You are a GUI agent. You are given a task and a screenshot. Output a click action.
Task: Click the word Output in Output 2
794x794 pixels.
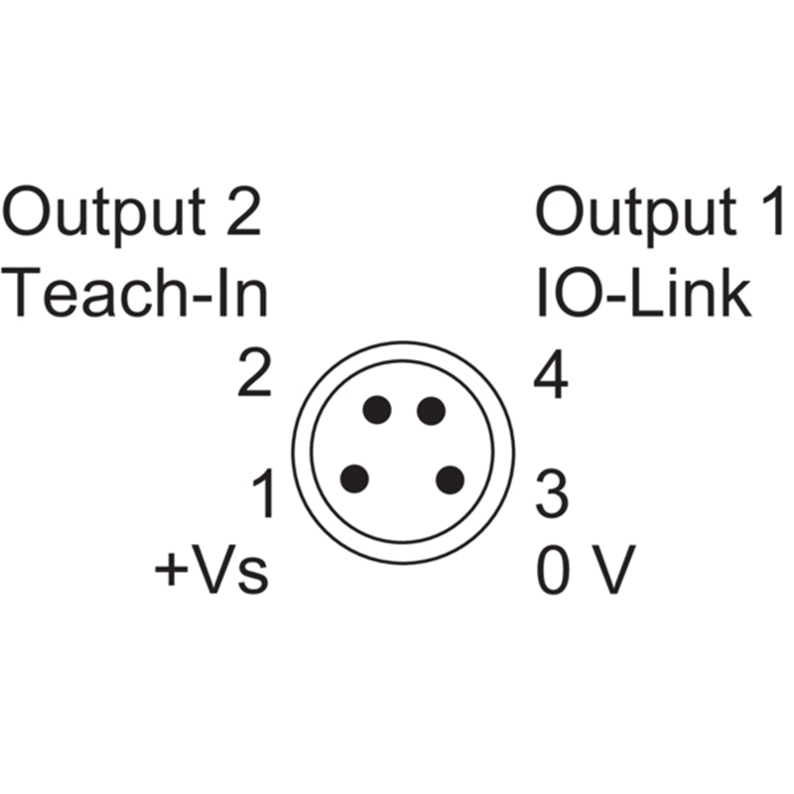tap(104, 216)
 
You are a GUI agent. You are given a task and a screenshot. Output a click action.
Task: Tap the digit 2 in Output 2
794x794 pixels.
tap(244, 211)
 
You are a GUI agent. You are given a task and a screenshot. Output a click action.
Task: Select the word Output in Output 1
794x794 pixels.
tap(636, 216)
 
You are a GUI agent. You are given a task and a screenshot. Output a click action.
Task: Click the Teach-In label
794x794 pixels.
tap(135, 292)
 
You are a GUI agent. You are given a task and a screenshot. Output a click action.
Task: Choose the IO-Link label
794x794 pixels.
tap(643, 292)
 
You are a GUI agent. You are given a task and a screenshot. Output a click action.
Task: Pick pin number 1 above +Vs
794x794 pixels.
tap(263, 492)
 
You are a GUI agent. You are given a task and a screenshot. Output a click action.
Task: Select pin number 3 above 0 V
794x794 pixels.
tap(552, 493)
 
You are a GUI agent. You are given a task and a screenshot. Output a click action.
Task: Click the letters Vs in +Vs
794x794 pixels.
tap(228, 569)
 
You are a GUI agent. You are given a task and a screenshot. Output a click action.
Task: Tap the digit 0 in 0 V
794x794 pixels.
tap(554, 569)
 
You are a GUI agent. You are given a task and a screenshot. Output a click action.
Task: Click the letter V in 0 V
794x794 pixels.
tap(613, 569)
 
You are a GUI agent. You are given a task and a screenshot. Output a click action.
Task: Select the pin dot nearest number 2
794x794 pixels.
tap(377, 410)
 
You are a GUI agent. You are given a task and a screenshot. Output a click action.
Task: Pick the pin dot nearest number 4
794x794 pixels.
tap(431, 411)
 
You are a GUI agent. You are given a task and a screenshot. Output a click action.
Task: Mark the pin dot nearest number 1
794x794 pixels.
tap(354, 478)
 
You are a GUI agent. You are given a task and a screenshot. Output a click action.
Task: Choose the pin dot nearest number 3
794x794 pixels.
tap(451, 480)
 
